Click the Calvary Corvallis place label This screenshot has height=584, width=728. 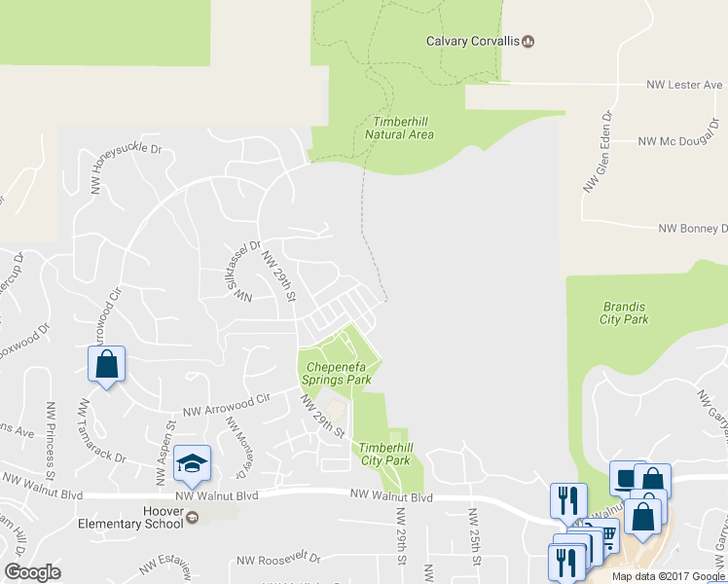(x=473, y=41)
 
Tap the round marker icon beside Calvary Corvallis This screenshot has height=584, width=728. (x=528, y=41)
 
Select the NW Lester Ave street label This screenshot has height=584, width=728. (x=685, y=86)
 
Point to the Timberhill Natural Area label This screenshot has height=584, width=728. (x=399, y=128)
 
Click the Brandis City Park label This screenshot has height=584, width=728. (x=623, y=312)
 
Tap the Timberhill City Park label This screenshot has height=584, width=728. (x=384, y=453)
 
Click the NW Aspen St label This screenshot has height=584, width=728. (x=162, y=453)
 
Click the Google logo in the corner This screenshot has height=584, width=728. (x=33, y=572)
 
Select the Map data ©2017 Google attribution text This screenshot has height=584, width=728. (x=667, y=576)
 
